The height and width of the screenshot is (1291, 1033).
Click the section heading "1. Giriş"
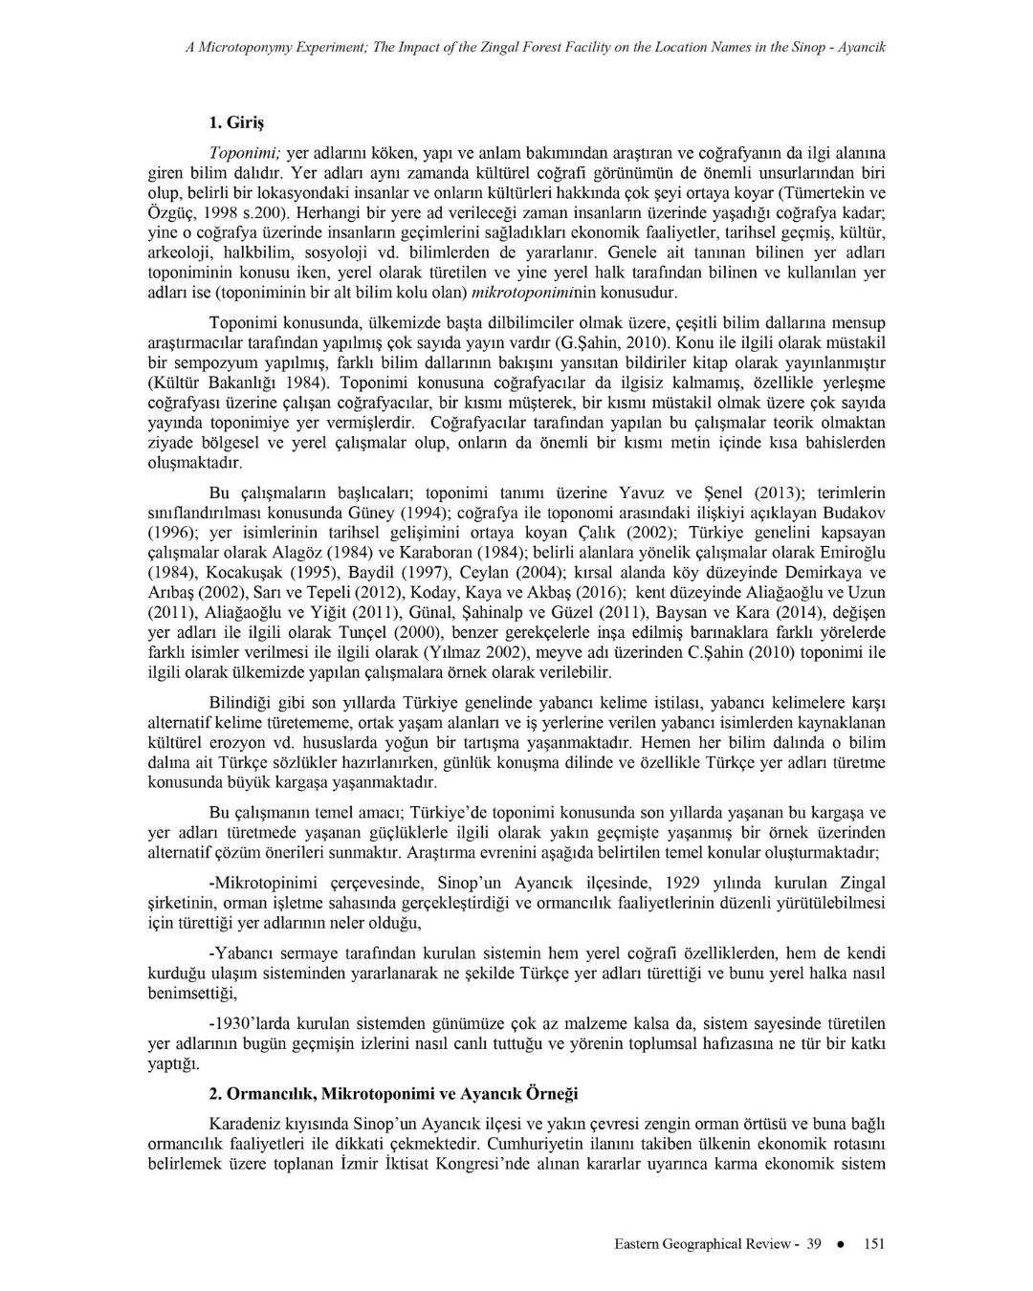[235, 123]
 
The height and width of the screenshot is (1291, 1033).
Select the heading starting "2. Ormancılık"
[393, 1093]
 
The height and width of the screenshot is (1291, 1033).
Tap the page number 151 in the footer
[873, 1244]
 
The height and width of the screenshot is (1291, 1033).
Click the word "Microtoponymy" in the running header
[245, 46]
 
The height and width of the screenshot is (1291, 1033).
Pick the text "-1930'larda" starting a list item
[249, 1023]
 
